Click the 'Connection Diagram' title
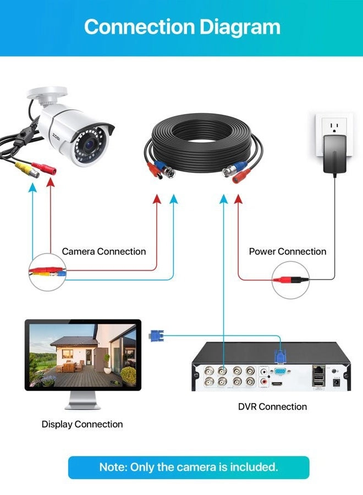(182, 26)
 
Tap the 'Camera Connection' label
(104, 251)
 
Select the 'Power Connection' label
(288, 251)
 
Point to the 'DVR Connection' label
(272, 406)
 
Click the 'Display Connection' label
(82, 424)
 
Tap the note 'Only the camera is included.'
(189, 467)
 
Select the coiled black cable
(204, 143)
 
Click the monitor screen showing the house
(82, 355)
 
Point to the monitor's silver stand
(82, 402)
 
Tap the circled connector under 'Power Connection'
(290, 279)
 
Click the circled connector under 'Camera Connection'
(48, 271)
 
